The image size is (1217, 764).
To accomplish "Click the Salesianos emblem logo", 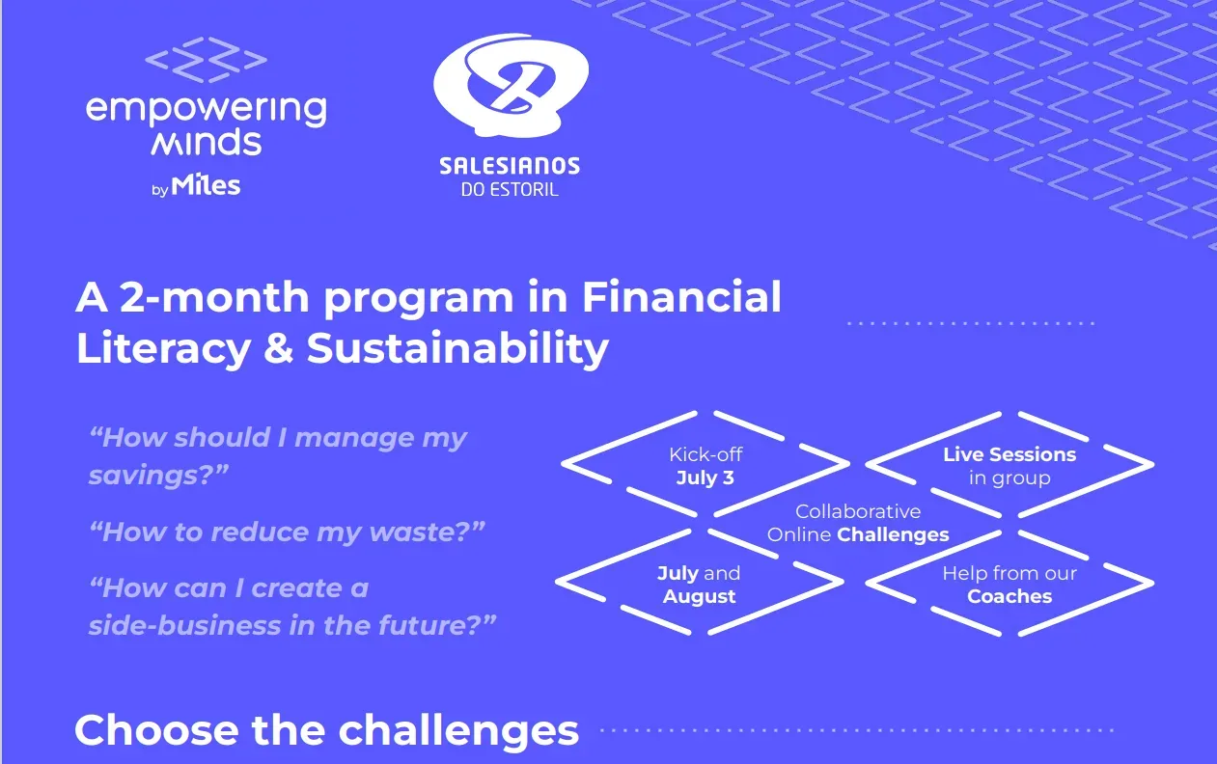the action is click(511, 85).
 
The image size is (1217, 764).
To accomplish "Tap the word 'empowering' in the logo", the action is click(207, 110).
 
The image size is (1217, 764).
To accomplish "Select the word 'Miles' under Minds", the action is click(206, 185).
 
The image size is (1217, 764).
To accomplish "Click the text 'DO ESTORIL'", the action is click(510, 189).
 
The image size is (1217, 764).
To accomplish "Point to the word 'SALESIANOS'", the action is click(510, 166).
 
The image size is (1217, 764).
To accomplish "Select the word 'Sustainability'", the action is click(457, 349).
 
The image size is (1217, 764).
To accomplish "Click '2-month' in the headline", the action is click(214, 297).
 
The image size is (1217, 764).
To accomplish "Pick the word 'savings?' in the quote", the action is click(158, 476).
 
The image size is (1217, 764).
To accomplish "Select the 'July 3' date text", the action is click(705, 477).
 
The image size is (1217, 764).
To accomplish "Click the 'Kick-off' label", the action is click(705, 454).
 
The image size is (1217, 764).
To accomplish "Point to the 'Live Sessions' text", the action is click(1010, 454).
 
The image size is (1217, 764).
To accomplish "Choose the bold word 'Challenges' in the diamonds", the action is click(893, 535).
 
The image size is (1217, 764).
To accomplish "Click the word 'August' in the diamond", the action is click(700, 597).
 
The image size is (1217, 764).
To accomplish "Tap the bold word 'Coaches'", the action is click(1010, 596).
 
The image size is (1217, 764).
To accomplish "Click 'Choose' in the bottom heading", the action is click(156, 730).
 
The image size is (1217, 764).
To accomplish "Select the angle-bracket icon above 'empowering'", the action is click(206, 60).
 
